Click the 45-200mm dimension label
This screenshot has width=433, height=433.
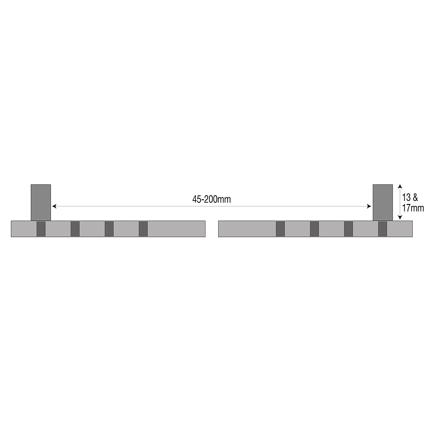point(211,200)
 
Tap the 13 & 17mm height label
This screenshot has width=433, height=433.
point(413,203)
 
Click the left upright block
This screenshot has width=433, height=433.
point(41,203)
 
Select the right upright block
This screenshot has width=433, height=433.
point(383,203)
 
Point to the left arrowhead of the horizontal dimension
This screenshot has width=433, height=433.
point(54,206)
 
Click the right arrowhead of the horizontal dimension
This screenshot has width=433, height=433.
point(369,206)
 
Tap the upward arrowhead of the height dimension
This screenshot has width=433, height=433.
point(400,186)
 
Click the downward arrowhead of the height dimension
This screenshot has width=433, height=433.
point(400,217)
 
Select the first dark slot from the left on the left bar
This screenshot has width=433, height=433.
point(41,229)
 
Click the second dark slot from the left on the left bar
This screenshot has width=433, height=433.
point(75,229)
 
